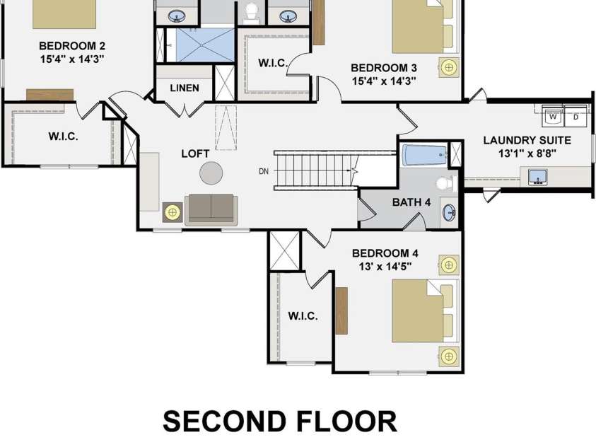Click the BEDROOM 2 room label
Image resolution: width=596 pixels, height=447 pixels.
(x=72, y=46)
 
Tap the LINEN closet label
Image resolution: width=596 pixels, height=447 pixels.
(x=185, y=88)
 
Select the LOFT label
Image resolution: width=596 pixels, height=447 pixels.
(x=195, y=153)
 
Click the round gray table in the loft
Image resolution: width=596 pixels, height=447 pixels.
(x=211, y=173)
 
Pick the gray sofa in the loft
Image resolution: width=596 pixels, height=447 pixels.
(x=211, y=209)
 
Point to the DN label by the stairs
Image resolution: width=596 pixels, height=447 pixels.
(x=264, y=171)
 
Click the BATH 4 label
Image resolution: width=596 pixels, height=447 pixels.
(x=411, y=202)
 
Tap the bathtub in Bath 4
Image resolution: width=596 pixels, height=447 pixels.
(x=425, y=155)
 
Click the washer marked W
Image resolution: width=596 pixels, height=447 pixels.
(x=553, y=116)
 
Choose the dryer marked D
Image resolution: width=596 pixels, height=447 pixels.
(x=576, y=116)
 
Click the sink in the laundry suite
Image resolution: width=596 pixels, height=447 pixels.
(x=537, y=177)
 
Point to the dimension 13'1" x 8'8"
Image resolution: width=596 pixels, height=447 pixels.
(x=527, y=153)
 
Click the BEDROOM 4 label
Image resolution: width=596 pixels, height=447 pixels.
(x=385, y=253)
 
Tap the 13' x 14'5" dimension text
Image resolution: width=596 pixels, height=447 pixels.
(x=385, y=267)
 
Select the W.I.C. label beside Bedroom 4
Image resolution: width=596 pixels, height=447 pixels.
(x=303, y=316)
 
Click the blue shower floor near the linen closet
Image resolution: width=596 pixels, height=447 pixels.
(x=205, y=45)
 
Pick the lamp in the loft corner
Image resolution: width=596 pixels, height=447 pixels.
(x=173, y=212)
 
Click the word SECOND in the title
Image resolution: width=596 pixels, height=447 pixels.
(x=224, y=421)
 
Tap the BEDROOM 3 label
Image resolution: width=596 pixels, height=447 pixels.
(x=384, y=68)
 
